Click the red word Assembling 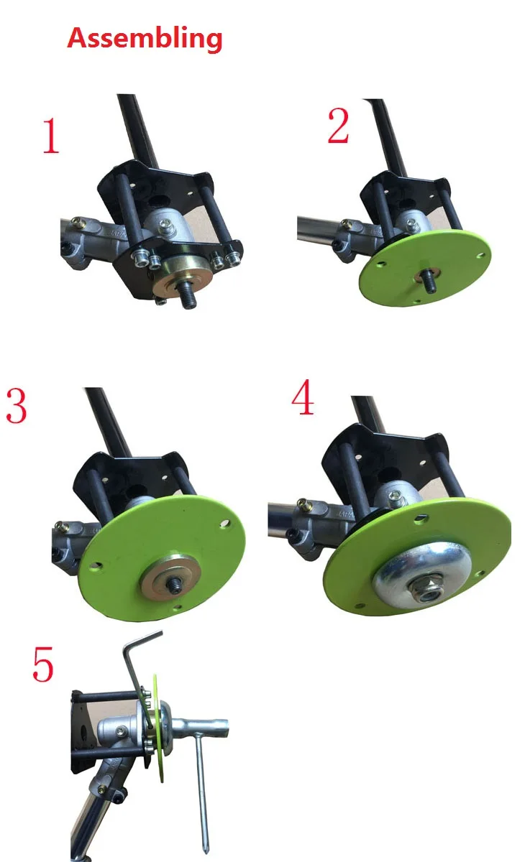pos(145,39)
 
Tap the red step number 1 pos(51,136)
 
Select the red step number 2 pos(338,126)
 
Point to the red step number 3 pos(17,406)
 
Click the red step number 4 pos(303,397)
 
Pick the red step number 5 pos(42,664)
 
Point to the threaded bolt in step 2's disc pos(429,280)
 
